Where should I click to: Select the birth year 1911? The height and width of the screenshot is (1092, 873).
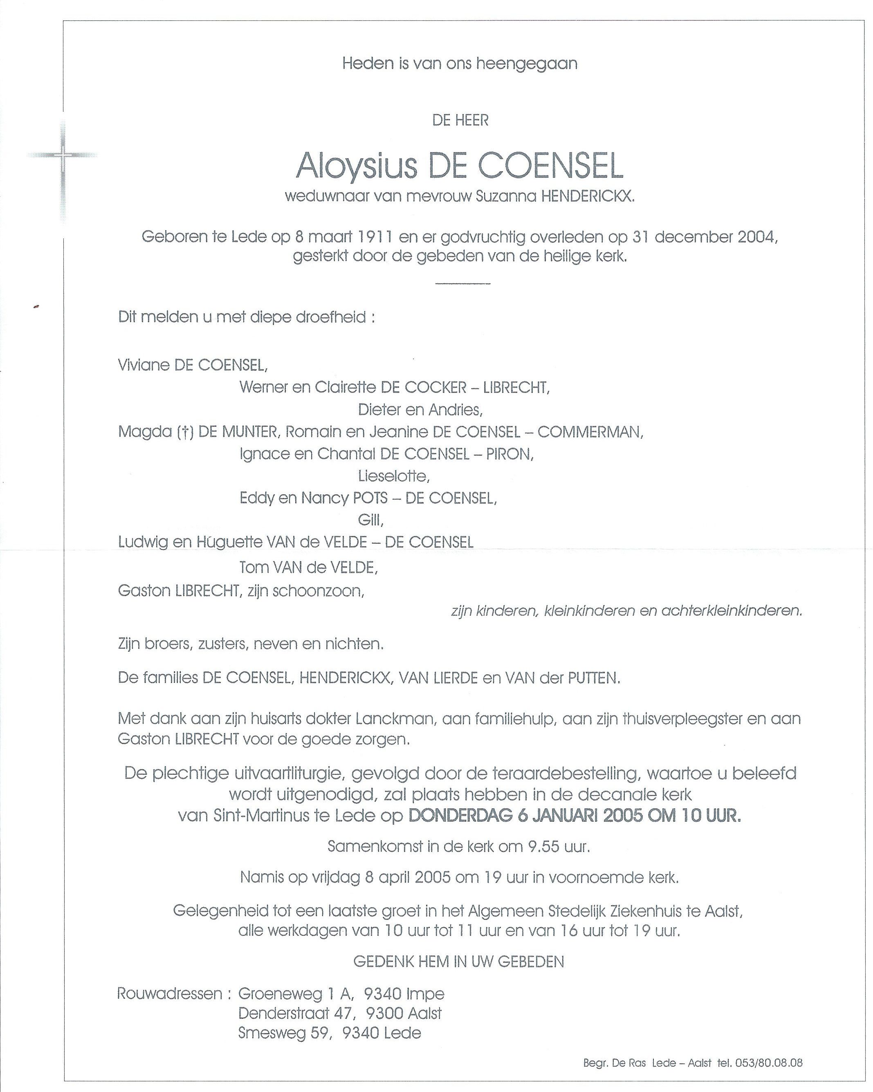[x=371, y=237]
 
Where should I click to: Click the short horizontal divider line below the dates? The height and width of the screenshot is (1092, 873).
[x=462, y=283]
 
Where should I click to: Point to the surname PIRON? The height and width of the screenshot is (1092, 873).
[x=510, y=454]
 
